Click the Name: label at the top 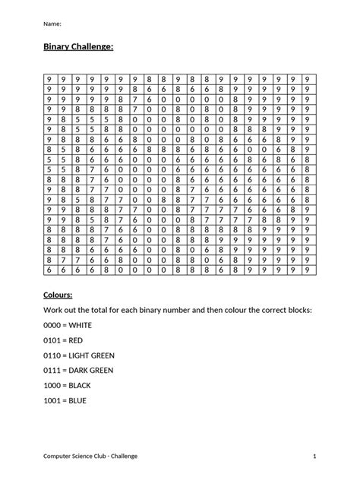pyautogui.click(x=51, y=23)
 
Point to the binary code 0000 pyautogui.click(x=54, y=324)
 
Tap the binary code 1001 pyautogui.click(x=54, y=400)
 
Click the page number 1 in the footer pyautogui.click(x=313, y=456)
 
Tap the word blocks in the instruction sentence pyautogui.click(x=297, y=309)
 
